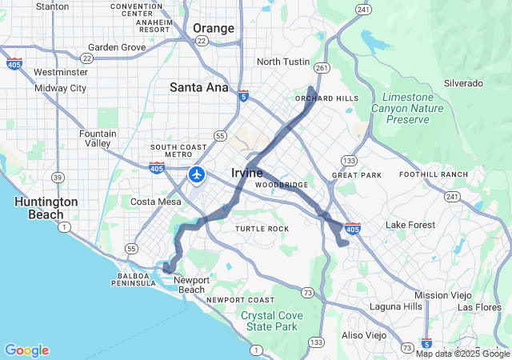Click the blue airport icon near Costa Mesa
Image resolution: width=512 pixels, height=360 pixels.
[197, 174]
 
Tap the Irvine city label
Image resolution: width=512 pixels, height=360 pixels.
[247, 173]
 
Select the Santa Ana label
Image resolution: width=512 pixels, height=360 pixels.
[198, 87]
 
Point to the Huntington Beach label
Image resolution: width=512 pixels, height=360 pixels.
[46, 208]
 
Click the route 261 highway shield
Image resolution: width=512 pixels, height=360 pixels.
[322, 68]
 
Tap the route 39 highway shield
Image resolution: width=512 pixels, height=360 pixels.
[58, 176]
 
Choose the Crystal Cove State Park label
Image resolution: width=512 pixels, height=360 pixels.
[272, 321]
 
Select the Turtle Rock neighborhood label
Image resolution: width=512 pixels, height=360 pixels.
[262, 229]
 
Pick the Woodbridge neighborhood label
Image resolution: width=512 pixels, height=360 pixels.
[282, 185]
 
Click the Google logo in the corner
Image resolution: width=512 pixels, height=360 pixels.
[26, 350]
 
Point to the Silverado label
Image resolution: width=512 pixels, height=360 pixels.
[463, 83]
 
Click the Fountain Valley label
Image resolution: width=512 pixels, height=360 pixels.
[98, 138]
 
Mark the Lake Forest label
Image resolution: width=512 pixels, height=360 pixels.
[407, 225]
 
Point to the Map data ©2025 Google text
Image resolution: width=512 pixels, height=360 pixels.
[462, 354]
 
